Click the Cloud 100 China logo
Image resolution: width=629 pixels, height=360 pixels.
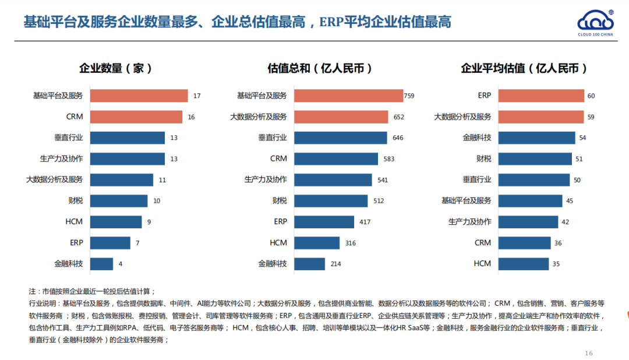click(x=596, y=23)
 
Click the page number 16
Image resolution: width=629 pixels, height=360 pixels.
click(x=588, y=353)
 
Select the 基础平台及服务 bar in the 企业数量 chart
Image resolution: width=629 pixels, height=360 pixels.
click(x=139, y=96)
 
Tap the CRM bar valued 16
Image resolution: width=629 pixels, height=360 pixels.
click(x=136, y=117)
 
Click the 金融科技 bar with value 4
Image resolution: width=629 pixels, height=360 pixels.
click(x=101, y=264)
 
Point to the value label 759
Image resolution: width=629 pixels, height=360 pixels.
click(x=409, y=96)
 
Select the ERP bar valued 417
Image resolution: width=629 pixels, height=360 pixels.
click(x=324, y=222)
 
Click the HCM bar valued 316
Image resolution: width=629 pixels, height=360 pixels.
click(x=317, y=243)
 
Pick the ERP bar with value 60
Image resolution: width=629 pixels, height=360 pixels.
click(x=541, y=96)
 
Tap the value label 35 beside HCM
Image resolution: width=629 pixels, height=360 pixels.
click(x=556, y=264)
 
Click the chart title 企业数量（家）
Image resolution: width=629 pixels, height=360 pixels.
click(x=115, y=68)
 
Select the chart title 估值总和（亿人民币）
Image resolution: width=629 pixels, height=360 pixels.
click(x=320, y=68)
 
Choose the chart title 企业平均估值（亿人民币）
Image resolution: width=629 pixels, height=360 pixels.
click(x=524, y=68)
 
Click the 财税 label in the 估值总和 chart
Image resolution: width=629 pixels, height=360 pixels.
click(x=280, y=201)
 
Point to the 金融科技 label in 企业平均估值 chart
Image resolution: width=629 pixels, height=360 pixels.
click(x=477, y=137)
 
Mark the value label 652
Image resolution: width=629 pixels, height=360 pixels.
click(x=398, y=117)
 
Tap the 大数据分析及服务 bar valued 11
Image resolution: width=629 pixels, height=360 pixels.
click(x=121, y=180)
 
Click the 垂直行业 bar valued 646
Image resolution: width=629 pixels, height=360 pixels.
click(x=340, y=137)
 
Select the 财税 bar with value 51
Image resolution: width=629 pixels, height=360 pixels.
click(x=535, y=159)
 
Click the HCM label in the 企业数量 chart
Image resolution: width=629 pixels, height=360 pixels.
click(x=74, y=222)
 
